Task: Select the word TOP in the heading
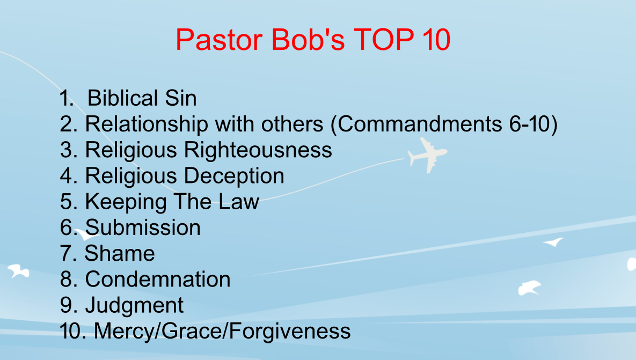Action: [384, 40]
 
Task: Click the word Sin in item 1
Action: [181, 98]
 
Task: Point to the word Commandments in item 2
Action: [420, 123]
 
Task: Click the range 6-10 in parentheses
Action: [529, 123]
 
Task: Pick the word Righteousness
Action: [258, 150]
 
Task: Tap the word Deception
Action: [235, 176]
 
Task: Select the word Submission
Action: [143, 227]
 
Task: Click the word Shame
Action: [120, 253]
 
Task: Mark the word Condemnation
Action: [158, 280]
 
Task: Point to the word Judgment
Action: [134, 306]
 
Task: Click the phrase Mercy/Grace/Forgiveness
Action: [222, 332]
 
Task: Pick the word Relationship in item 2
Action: [147, 124]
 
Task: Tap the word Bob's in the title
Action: [308, 40]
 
